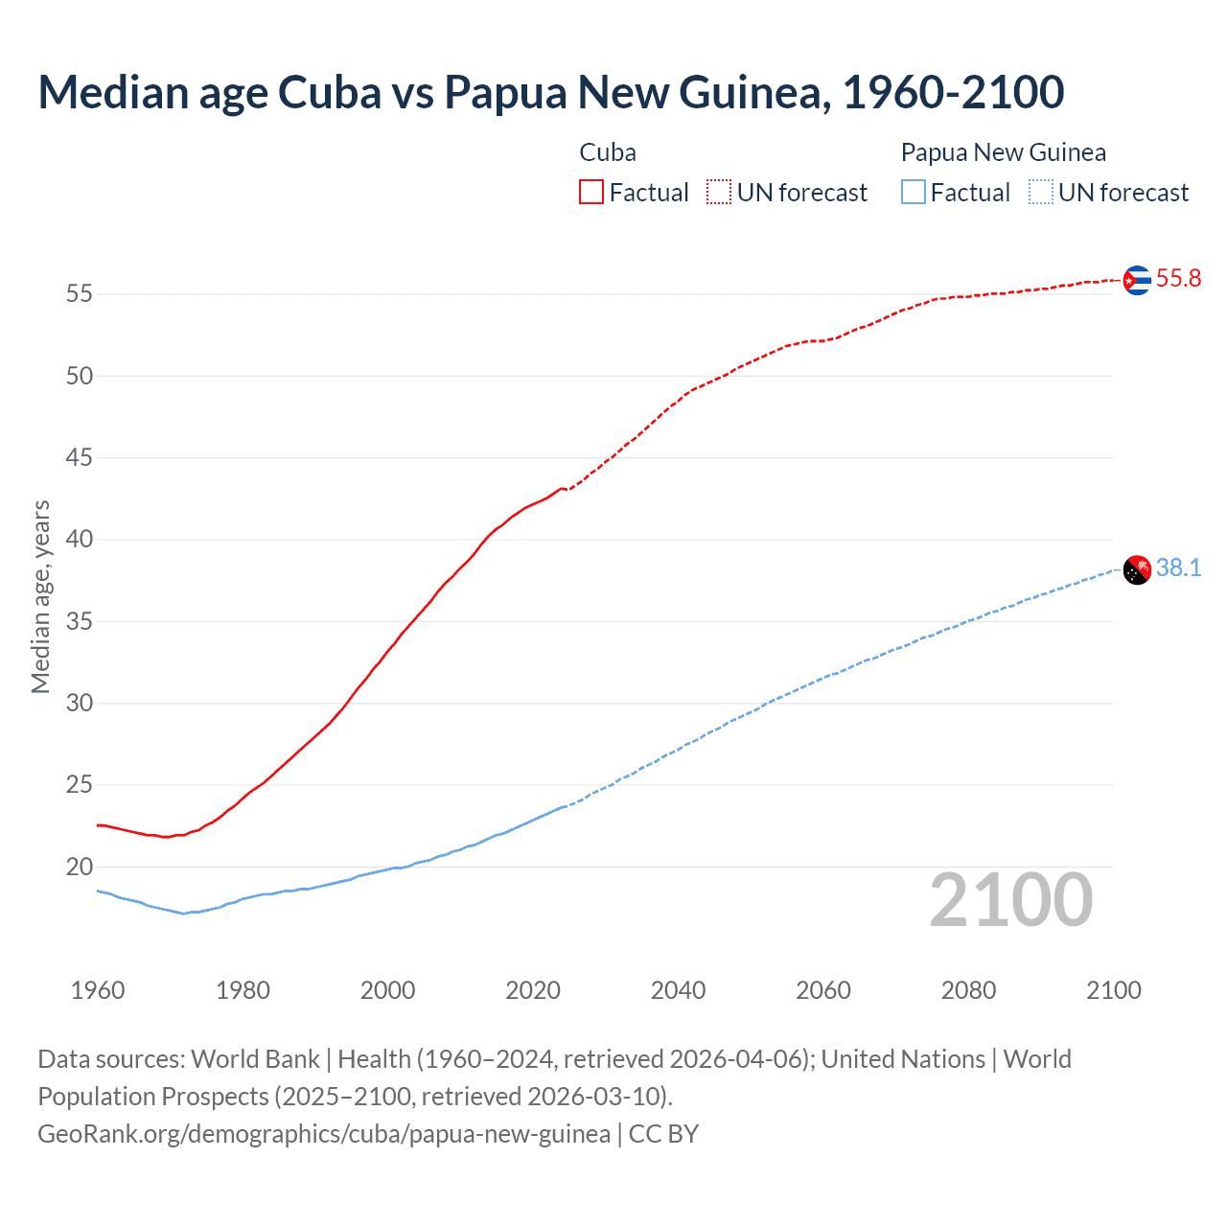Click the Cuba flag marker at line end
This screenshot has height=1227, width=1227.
[x=1136, y=280]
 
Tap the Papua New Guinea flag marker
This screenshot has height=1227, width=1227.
[x=1136, y=569]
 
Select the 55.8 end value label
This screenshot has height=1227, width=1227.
[x=1178, y=279]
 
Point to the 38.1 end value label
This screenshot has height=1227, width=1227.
[x=1178, y=568]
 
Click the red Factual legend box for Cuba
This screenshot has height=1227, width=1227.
[x=591, y=193]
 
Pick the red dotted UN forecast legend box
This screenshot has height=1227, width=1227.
[x=719, y=193]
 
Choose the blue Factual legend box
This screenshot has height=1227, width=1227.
[x=913, y=193]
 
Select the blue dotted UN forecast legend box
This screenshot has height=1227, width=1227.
[x=1040, y=193]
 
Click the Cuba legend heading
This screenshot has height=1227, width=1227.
[x=608, y=152]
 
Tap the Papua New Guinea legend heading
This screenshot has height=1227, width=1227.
[x=1003, y=152]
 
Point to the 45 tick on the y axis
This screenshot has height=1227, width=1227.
[x=80, y=458]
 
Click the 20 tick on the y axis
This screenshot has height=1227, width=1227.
[x=80, y=868]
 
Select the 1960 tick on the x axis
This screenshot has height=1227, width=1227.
[x=98, y=990]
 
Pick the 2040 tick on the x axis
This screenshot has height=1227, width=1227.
[x=678, y=990]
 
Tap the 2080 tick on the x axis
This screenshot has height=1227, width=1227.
[x=968, y=990]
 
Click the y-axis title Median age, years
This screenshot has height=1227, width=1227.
[x=40, y=596]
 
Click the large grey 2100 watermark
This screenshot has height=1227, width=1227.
[x=1010, y=900]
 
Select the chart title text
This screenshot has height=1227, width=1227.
[x=551, y=92]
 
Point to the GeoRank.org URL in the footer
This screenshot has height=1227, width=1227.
[x=324, y=1134]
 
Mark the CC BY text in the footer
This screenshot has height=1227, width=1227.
[x=663, y=1134]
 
